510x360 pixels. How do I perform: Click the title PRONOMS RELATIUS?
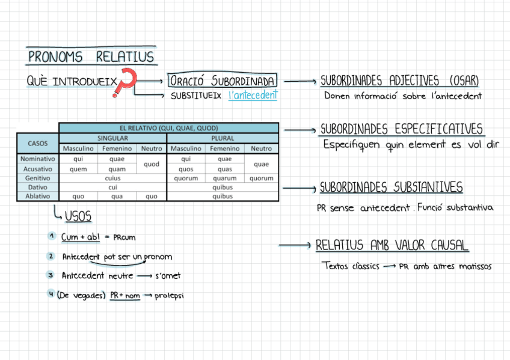coord(91,58)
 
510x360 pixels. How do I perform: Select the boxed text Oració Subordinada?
coord(223,81)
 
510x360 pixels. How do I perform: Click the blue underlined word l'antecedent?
coord(253,95)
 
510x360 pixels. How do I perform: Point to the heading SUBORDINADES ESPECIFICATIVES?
coord(401,129)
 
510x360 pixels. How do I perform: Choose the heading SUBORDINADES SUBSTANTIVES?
coord(391,188)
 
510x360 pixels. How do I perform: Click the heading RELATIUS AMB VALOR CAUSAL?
coord(392,245)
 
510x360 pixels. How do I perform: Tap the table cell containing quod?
coord(152,164)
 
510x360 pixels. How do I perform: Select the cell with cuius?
coord(112,178)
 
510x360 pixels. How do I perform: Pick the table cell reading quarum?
coord(224,178)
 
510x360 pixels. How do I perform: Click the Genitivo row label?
coord(37,178)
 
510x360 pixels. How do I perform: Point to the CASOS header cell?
coord(37,143)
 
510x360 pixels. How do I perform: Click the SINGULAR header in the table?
coord(112,138)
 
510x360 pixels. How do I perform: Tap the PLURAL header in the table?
coord(223,138)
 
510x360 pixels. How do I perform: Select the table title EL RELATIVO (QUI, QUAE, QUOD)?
coord(168,128)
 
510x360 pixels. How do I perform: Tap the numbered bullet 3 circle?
coord(51,275)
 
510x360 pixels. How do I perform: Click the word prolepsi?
coord(170,295)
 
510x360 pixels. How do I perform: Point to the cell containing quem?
coord(78,169)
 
